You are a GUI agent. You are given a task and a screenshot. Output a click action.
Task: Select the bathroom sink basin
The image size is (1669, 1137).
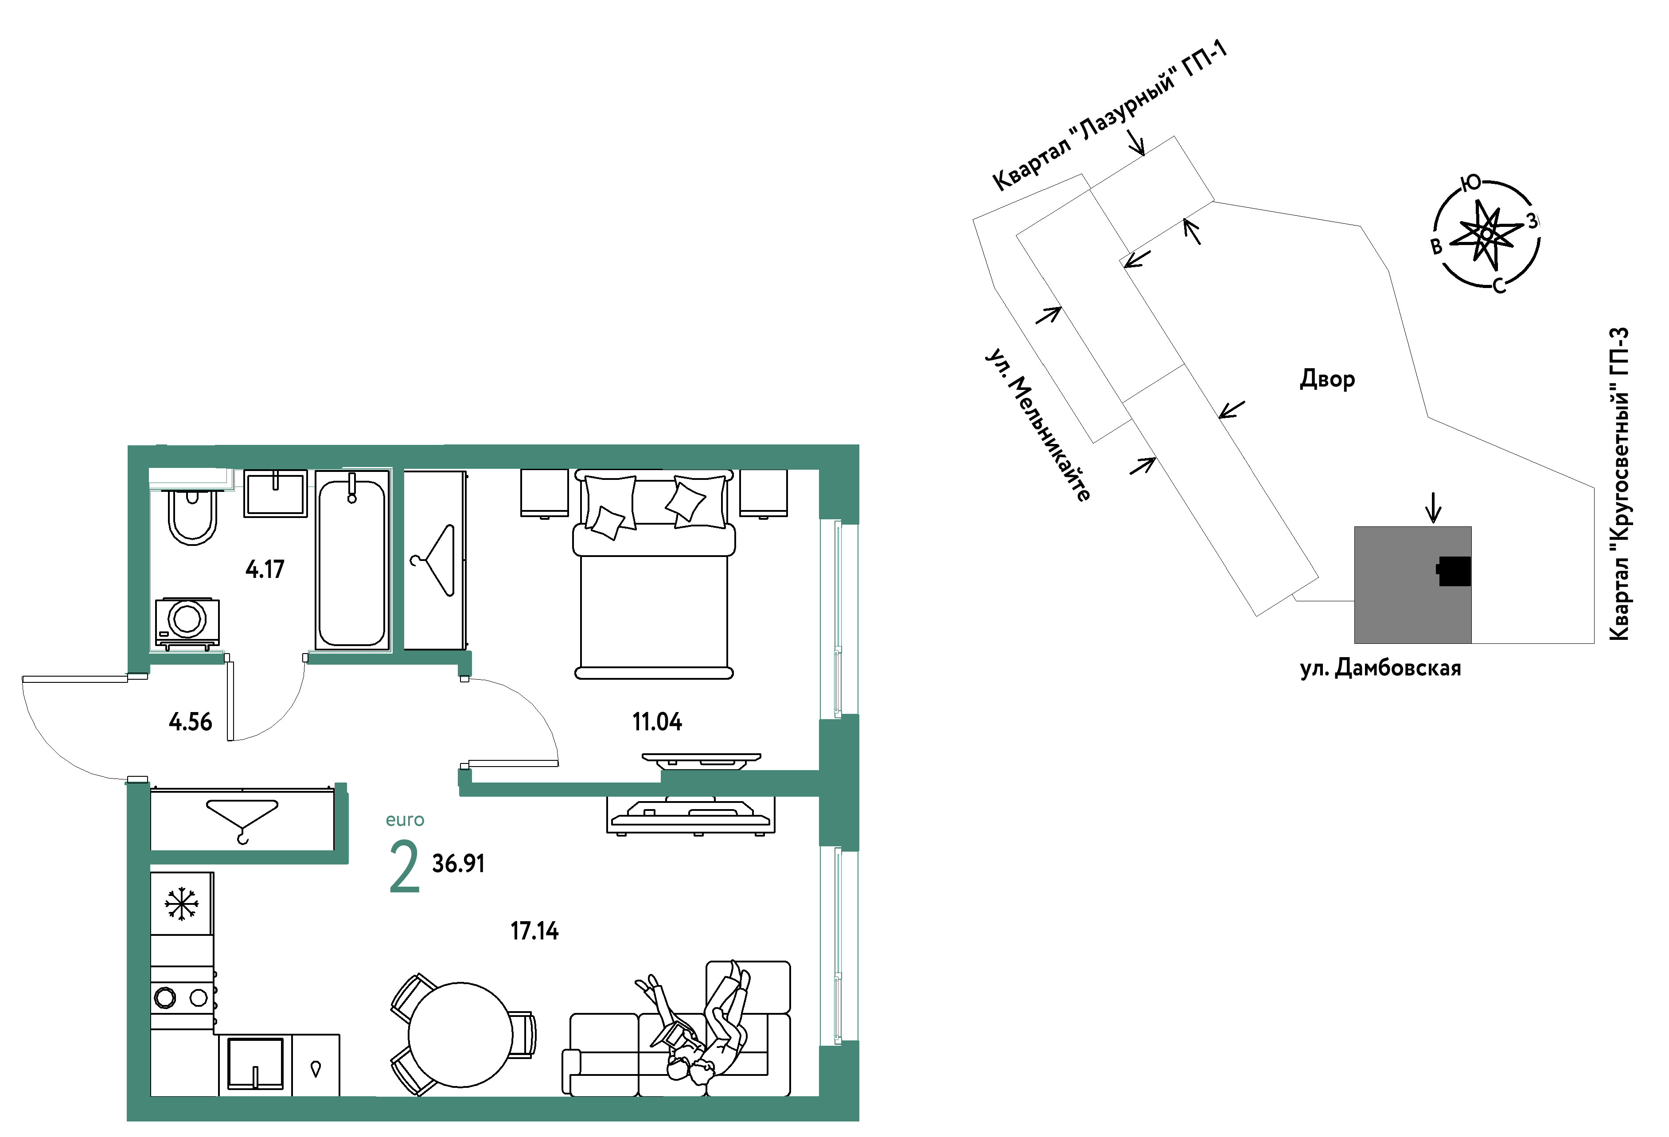276,494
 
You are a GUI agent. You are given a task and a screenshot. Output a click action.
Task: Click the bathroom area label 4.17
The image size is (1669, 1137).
265,569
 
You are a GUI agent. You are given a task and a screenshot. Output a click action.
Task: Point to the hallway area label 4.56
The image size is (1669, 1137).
190,722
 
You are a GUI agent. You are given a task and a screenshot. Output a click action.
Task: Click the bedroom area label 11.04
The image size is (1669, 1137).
657,722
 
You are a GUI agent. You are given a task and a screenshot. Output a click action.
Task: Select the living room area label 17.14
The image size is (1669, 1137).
534,931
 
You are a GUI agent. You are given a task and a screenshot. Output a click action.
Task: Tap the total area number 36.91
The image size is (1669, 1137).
458,864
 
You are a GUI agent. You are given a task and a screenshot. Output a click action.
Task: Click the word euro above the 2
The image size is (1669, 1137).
405,820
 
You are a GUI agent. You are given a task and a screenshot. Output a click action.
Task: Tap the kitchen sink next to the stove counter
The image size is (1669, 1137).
256,1064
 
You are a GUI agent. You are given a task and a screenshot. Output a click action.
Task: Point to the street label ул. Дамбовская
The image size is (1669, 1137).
1380,668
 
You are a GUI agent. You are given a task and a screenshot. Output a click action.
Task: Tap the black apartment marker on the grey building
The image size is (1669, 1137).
1454,571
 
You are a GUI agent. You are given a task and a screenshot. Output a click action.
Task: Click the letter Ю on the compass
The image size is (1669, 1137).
1471,183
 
